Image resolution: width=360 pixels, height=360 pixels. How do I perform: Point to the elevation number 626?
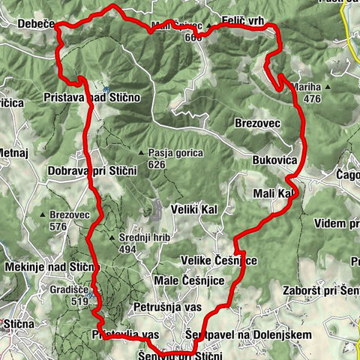coord(157,164)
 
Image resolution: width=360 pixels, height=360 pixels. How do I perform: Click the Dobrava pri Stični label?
coord(91,171)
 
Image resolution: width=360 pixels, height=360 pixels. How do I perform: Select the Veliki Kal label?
coord(193,209)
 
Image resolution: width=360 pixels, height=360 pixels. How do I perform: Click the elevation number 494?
coord(127,250)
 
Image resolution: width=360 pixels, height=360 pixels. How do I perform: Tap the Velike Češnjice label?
coord(219,260)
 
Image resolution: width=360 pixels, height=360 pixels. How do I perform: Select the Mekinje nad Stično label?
coord(51,266)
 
